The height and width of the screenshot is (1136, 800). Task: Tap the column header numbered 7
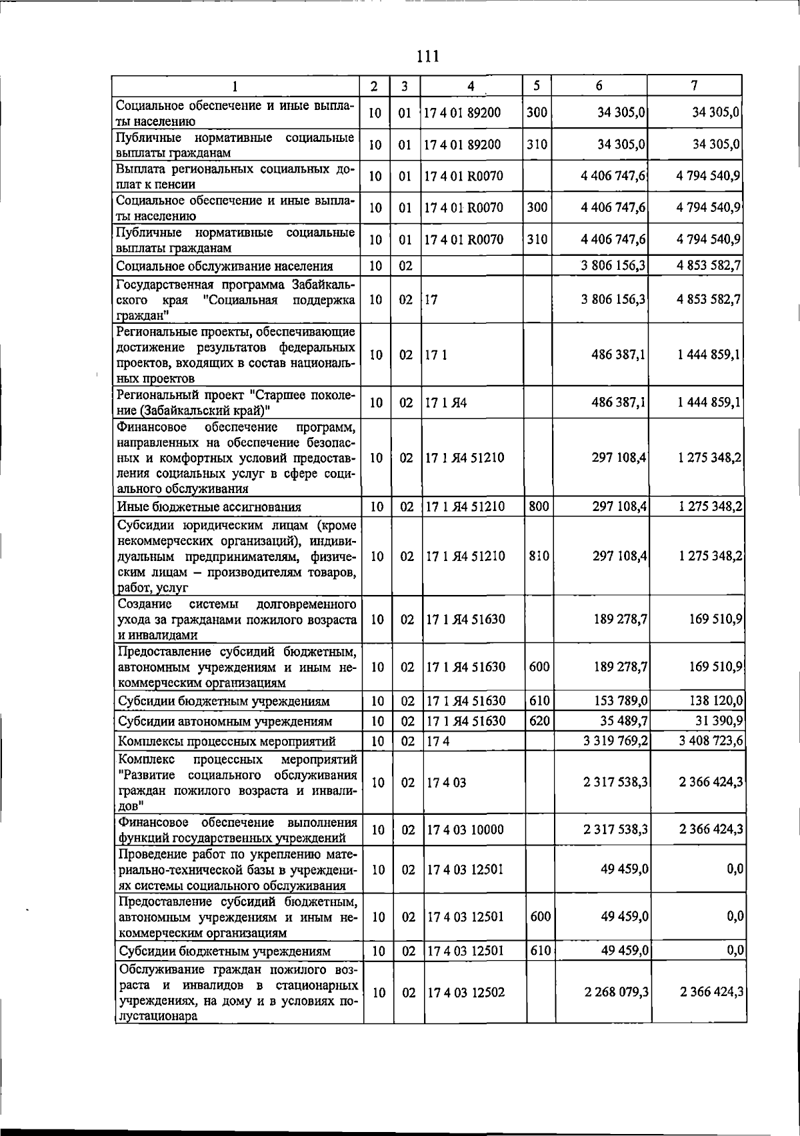click(x=694, y=85)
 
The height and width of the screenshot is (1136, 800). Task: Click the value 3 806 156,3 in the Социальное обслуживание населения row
click(x=613, y=266)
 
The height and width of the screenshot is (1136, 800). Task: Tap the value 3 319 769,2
click(x=615, y=741)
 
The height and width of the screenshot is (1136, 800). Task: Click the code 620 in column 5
click(x=539, y=720)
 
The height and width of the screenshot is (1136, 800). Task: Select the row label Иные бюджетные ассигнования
click(x=209, y=506)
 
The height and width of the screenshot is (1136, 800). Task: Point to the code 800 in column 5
click(x=539, y=506)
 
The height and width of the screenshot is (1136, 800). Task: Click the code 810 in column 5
click(x=539, y=556)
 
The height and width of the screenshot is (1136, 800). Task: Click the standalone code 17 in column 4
click(x=431, y=299)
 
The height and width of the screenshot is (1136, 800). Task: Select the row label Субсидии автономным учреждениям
click(x=225, y=721)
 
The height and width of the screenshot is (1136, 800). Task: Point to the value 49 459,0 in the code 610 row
click(x=625, y=950)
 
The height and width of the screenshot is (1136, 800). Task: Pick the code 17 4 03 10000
click(x=465, y=830)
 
